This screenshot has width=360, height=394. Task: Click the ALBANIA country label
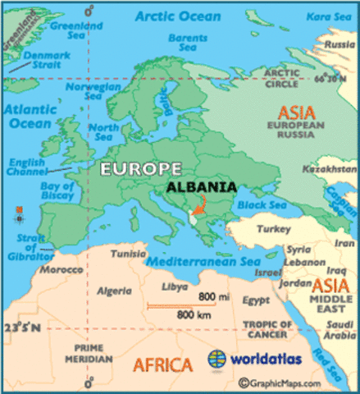(x=201, y=186)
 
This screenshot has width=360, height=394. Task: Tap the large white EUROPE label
(x=141, y=168)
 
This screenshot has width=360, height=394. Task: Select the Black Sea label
(x=262, y=204)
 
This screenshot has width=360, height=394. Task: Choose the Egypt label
(x=256, y=300)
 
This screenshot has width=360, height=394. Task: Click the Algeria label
(x=114, y=291)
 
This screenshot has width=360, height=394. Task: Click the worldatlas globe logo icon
(x=216, y=359)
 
